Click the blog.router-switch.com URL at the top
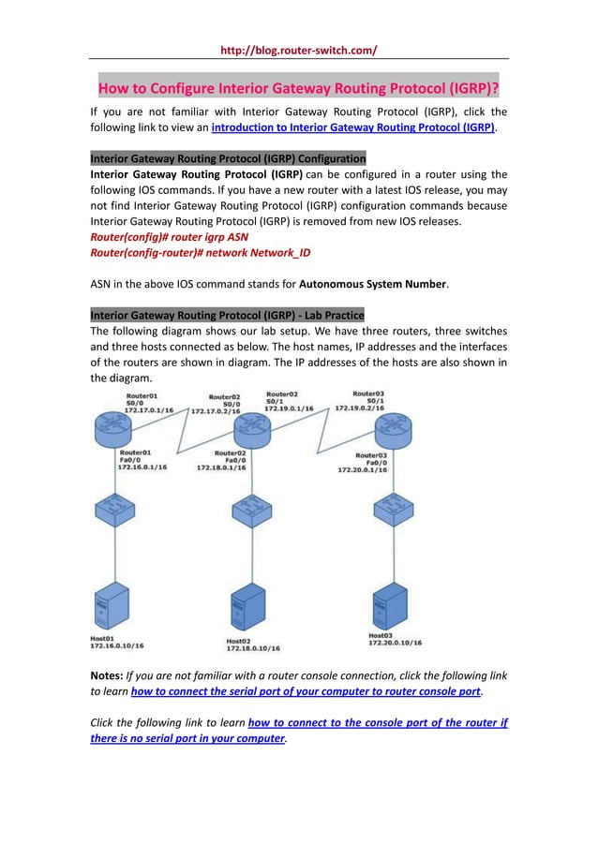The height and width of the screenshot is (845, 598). click(298, 50)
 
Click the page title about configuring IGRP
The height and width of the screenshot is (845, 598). click(298, 90)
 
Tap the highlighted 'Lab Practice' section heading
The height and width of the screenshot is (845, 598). click(227, 314)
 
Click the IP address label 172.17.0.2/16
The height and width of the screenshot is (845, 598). click(217, 410)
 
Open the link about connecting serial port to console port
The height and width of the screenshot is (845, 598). click(305, 691)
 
